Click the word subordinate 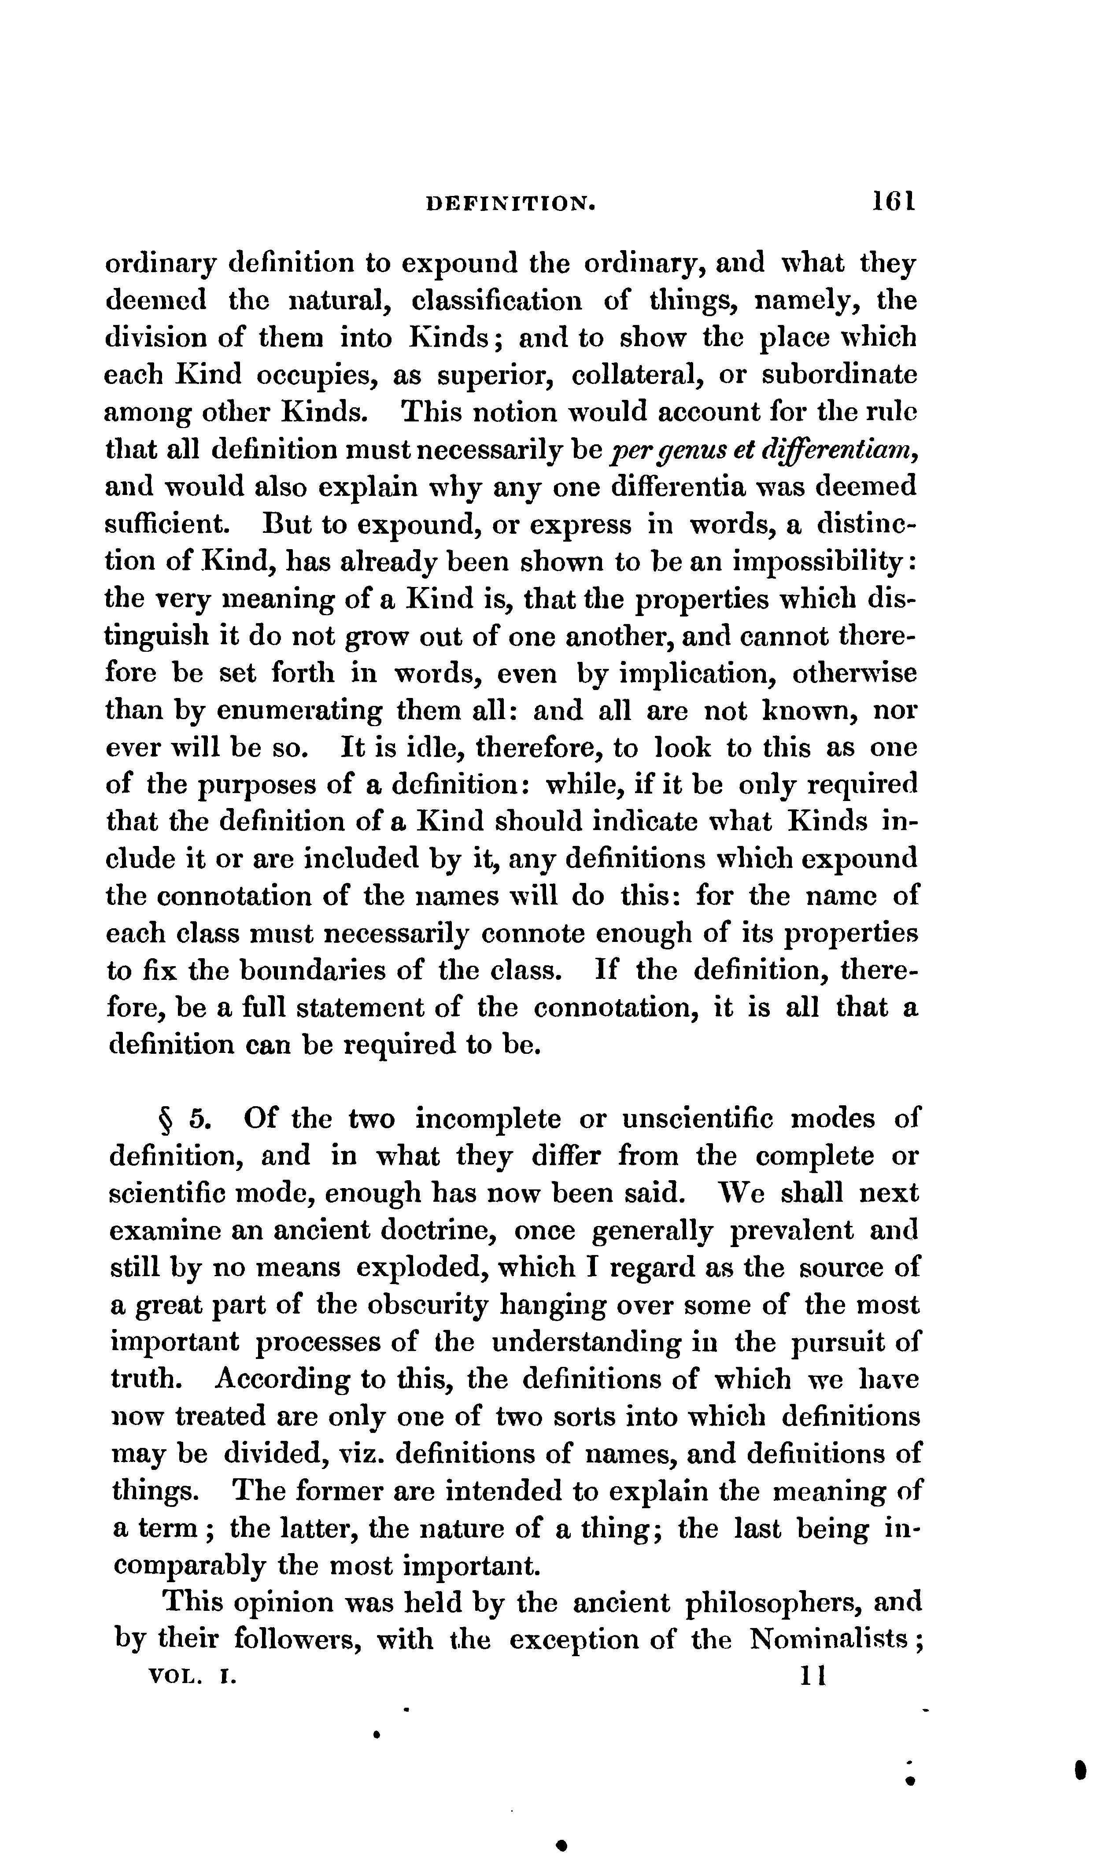point(839,375)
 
